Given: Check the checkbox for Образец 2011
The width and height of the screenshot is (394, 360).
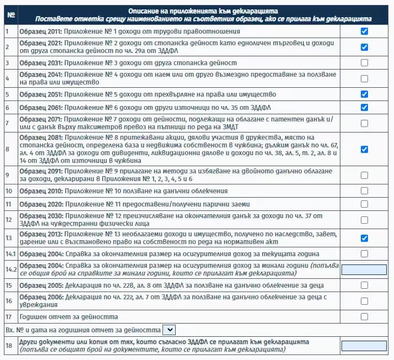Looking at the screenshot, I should (x=364, y=31).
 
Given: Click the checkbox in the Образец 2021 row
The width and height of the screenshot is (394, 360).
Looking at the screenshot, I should (x=364, y=47).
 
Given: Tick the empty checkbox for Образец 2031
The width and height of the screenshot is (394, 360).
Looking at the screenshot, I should (x=364, y=63).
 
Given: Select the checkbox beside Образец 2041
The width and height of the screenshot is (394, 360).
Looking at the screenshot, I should (x=364, y=78).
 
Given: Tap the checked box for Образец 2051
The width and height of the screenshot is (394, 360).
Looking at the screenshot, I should (x=364, y=94).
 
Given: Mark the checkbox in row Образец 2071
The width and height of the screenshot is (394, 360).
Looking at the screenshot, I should (x=364, y=123).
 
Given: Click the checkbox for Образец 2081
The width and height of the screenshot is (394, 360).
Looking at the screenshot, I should (x=364, y=149).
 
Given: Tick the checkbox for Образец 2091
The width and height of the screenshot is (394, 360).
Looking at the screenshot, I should (x=364, y=176).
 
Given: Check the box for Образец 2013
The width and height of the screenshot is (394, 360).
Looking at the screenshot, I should (x=364, y=238).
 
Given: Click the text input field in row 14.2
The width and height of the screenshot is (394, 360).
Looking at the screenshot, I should (x=364, y=269).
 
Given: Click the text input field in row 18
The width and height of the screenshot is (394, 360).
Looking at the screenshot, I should (x=364, y=346).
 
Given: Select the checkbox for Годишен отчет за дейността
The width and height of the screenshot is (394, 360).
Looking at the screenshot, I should (x=364, y=317).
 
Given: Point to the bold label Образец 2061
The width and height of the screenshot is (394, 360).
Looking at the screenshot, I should (x=40, y=107).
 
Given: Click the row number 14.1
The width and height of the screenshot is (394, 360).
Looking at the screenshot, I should (x=10, y=254).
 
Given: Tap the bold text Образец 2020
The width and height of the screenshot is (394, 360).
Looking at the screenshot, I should (x=40, y=204).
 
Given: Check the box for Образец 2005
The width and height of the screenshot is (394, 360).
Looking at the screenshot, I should (x=364, y=285).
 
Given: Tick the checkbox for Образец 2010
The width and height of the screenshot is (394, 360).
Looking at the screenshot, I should (x=364, y=191).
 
